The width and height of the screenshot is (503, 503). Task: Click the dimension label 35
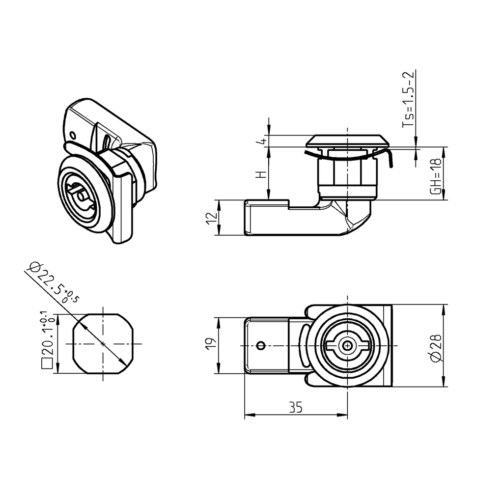tap(295, 408)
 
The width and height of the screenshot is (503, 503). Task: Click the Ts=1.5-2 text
tap(409, 100)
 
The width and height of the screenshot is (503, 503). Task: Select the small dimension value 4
tap(263, 141)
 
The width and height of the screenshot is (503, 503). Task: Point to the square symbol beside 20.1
tap(47, 364)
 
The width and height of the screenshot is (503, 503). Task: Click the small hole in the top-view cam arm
tap(261, 345)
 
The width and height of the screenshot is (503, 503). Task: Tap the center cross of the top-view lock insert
tap(348, 345)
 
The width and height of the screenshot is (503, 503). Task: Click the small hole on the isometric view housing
tap(73, 135)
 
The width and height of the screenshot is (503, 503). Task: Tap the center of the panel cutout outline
tap(103, 343)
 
